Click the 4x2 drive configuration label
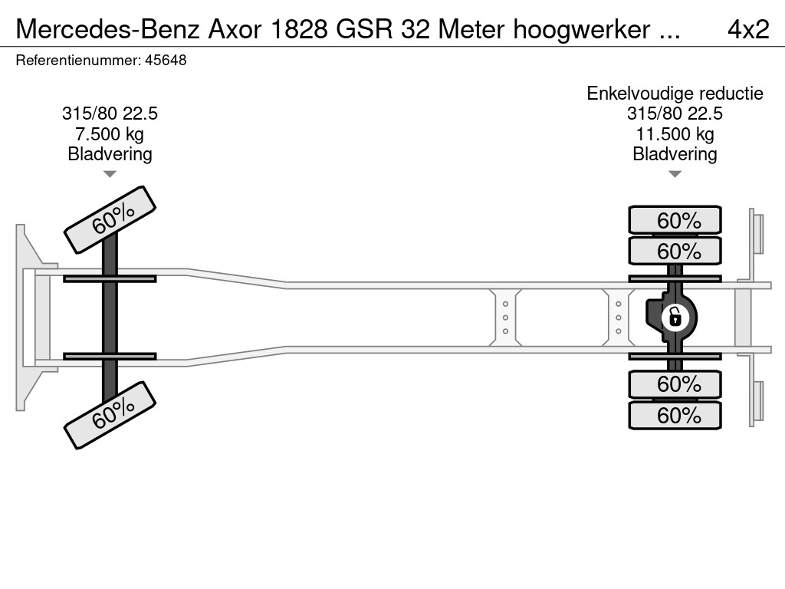[747, 29]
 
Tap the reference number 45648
[165, 61]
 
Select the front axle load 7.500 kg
[110, 134]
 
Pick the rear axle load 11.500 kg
[675, 134]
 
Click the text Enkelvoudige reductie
[675, 94]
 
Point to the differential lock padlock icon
[675, 316]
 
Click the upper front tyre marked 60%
[110, 219]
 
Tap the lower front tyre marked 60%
[110, 415]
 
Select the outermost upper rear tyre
[675, 220]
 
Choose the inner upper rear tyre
[675, 251]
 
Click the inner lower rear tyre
[675, 383]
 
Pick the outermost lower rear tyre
[675, 415]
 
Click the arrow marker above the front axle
[110, 174]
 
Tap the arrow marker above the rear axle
[675, 174]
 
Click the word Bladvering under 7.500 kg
[110, 154]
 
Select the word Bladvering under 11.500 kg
[675, 154]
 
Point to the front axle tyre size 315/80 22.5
[110, 114]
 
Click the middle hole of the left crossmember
[506, 318]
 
